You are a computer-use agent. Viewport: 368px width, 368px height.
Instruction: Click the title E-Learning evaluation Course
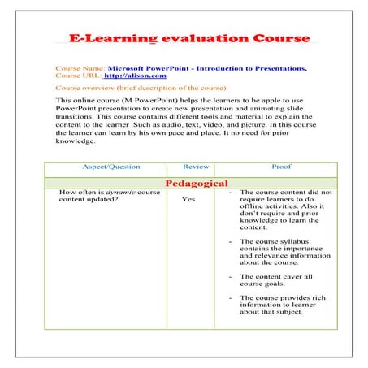[x=188, y=38]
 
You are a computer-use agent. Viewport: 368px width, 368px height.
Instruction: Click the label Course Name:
[x=80, y=68]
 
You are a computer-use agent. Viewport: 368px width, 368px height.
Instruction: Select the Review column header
[x=195, y=167]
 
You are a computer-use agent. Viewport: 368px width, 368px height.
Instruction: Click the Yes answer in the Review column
[x=188, y=199]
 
